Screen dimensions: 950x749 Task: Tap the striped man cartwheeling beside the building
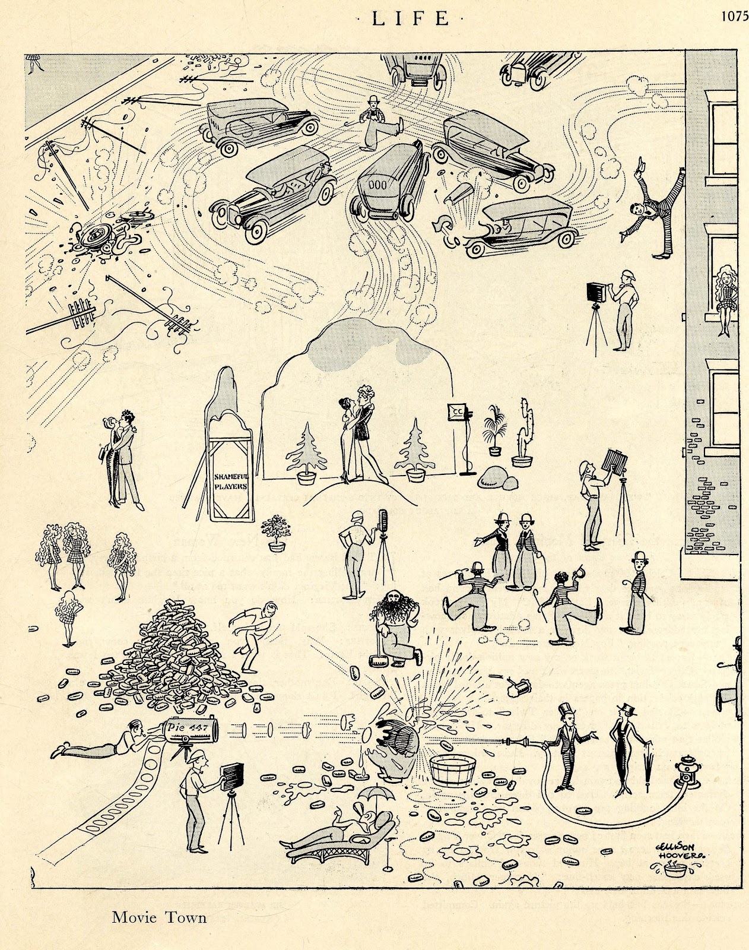644,203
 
